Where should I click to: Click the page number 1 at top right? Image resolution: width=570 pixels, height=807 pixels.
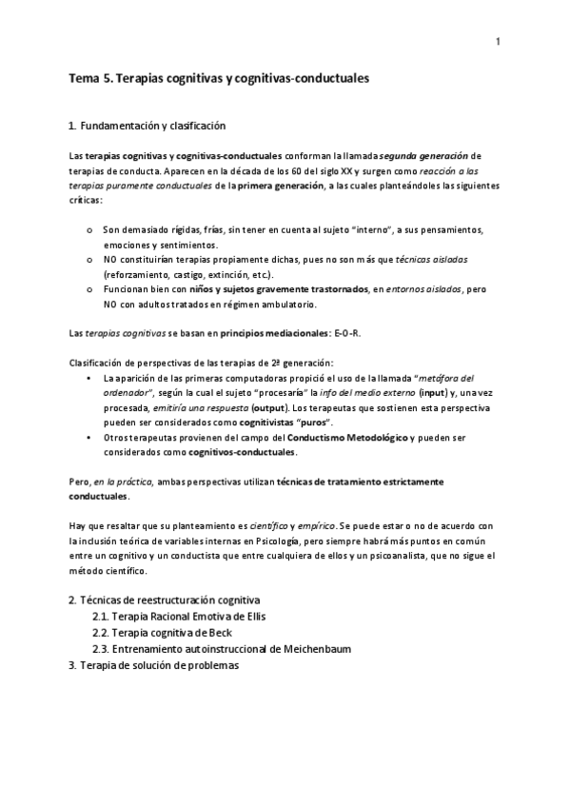point(498,42)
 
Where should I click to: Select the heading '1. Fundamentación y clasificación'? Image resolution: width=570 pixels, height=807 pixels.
point(147,126)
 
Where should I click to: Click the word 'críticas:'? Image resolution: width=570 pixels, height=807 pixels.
point(88,203)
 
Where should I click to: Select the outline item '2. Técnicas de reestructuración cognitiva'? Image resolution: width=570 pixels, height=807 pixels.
point(165,601)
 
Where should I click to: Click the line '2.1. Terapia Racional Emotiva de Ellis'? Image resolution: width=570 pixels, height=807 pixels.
point(179,617)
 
